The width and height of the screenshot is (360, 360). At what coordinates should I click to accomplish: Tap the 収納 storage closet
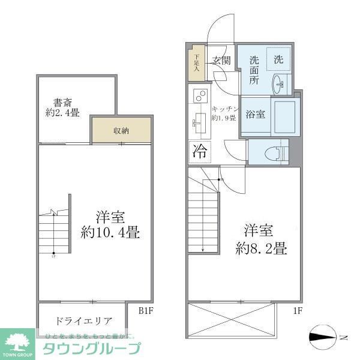[x=121, y=131]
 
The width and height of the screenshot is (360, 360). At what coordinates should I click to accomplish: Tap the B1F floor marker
[x=146, y=311]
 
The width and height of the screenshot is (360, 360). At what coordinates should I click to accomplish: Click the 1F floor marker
[x=297, y=311]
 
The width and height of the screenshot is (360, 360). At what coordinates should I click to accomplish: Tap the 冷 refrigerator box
[x=199, y=152]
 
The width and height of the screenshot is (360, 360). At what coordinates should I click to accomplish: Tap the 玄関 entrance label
[x=221, y=60]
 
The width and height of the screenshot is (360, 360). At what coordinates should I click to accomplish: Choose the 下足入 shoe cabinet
[x=196, y=62]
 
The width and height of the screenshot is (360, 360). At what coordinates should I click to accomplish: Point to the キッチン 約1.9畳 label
[x=226, y=113]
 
